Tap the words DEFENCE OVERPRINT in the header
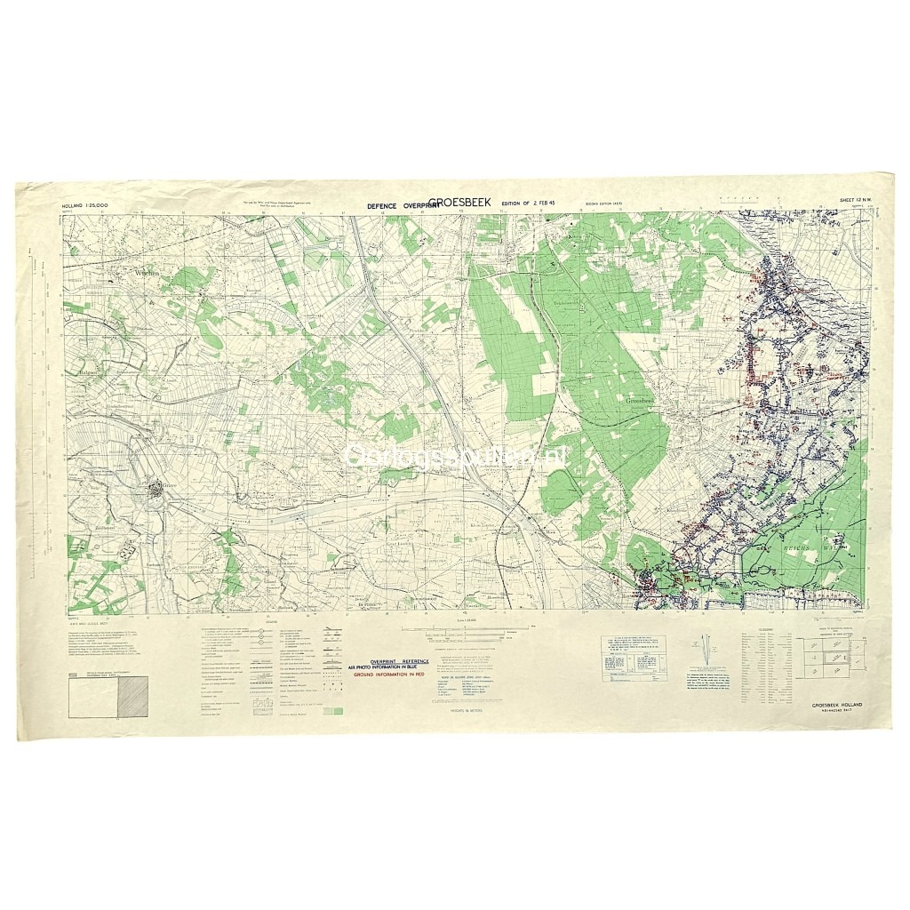397,205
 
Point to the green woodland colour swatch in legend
332,711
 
